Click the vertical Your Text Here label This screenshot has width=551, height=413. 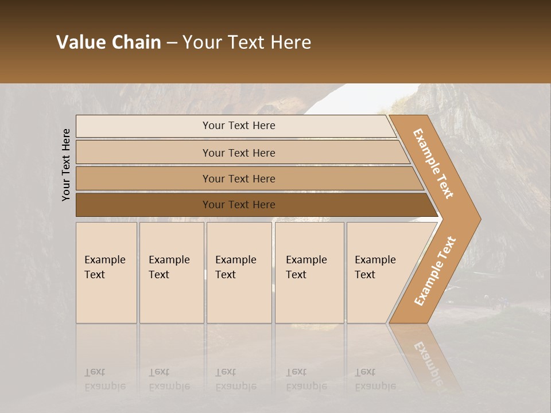[66, 165]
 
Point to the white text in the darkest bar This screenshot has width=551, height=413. [239, 205]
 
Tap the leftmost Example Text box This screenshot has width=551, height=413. [106, 272]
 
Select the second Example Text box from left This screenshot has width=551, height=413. [172, 272]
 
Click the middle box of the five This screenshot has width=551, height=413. [239, 272]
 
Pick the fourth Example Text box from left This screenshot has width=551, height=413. [309, 272]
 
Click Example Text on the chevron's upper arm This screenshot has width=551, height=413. [433, 163]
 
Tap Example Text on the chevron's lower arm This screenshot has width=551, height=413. [435, 271]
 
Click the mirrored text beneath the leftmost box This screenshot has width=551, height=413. [105, 379]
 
